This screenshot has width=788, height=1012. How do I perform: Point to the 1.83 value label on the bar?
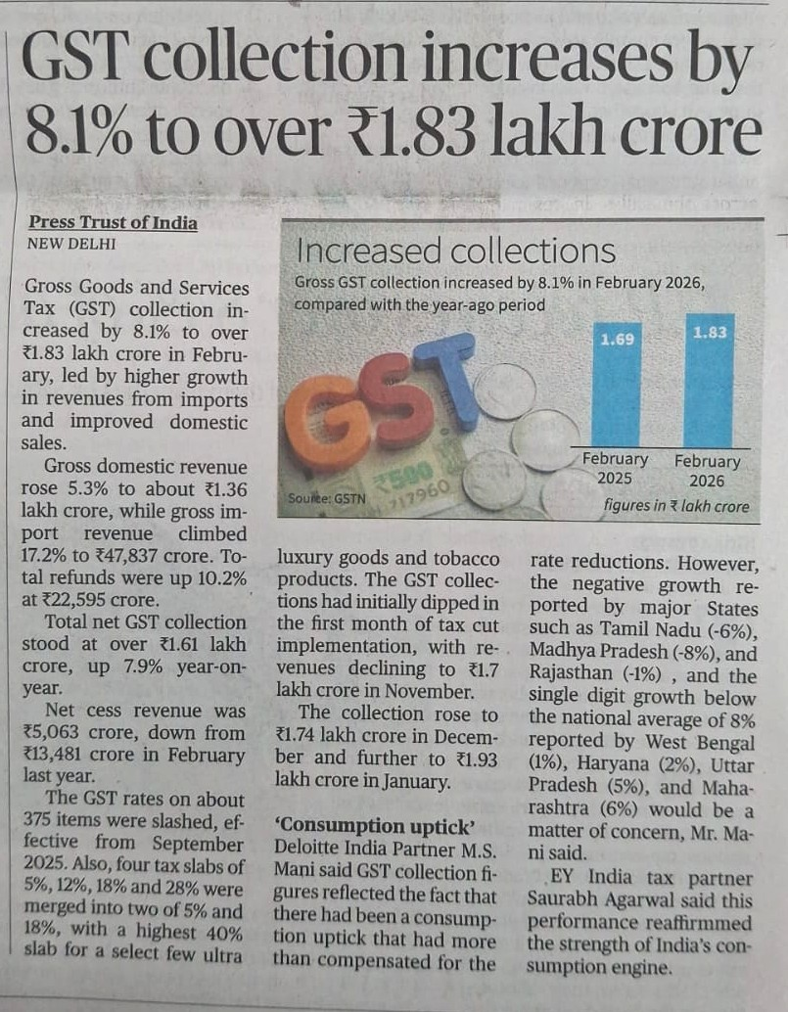pyautogui.click(x=710, y=332)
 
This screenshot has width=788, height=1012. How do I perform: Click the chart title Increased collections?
pyautogui.click(x=455, y=252)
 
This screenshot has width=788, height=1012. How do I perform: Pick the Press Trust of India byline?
pyautogui.click(x=113, y=222)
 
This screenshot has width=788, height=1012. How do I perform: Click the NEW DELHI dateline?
pyautogui.click(x=71, y=243)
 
